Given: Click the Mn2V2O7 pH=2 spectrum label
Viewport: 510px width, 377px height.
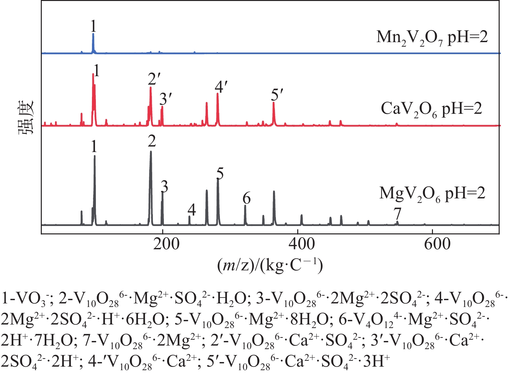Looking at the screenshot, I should pos(432,38).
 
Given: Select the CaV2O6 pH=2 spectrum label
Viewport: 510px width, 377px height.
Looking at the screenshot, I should pos(431,109).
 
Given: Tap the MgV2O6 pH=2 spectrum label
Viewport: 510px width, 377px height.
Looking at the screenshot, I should pos(432,194).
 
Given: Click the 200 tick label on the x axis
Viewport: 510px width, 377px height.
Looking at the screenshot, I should pos(166,244).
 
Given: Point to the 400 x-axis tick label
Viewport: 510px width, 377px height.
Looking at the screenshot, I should pos(301,244).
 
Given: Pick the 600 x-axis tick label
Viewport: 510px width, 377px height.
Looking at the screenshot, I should pos(437,244).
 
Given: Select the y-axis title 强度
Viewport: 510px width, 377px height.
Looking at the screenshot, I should pos(26,118).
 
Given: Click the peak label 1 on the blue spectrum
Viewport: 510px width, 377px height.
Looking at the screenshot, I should pos(93,26).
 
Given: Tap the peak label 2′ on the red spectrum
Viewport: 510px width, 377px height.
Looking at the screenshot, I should pos(154,79).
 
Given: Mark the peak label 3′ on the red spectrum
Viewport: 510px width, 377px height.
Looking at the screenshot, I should pos(165,99).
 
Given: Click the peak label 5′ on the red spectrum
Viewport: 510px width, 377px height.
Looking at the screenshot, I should pos(277,95).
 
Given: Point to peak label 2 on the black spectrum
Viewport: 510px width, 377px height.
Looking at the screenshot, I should pos(152,141).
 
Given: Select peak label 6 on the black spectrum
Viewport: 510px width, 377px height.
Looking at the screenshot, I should pos(246,198).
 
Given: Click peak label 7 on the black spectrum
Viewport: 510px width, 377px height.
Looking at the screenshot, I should pos(397,214).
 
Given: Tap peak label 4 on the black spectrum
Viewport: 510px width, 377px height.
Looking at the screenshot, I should pos(192,210).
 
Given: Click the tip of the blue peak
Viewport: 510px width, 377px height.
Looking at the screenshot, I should pos(93,34).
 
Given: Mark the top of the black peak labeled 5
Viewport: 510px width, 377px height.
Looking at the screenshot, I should pos(218,179).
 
